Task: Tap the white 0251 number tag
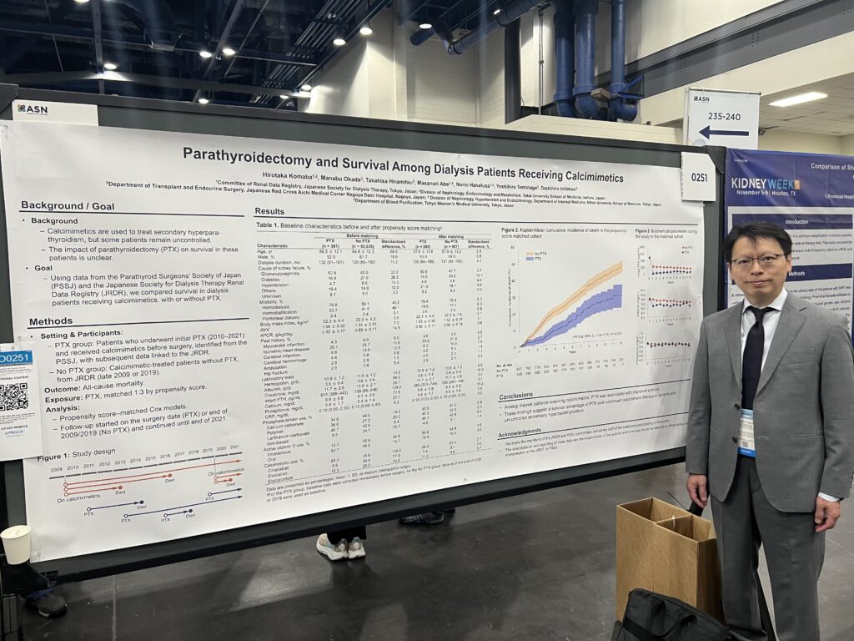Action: pos(698,176)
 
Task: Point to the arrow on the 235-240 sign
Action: pos(722,132)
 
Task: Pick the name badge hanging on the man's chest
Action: pos(746,432)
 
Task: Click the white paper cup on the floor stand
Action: pos(16,544)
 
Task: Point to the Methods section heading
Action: pos(51,321)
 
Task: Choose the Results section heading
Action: pos(269,212)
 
